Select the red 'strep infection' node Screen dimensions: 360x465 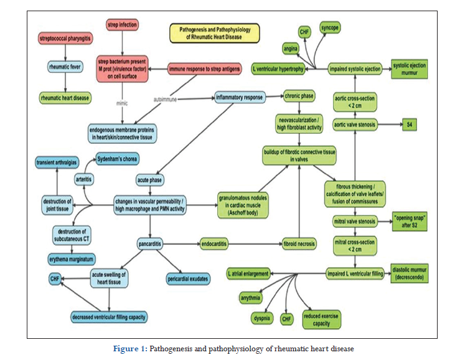122,25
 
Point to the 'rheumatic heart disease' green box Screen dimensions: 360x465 65,98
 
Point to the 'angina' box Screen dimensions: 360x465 290,48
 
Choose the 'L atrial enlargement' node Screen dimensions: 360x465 248,273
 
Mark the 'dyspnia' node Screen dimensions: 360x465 262,318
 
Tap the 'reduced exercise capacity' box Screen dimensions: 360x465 322,318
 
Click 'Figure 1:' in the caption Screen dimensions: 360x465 130,348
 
